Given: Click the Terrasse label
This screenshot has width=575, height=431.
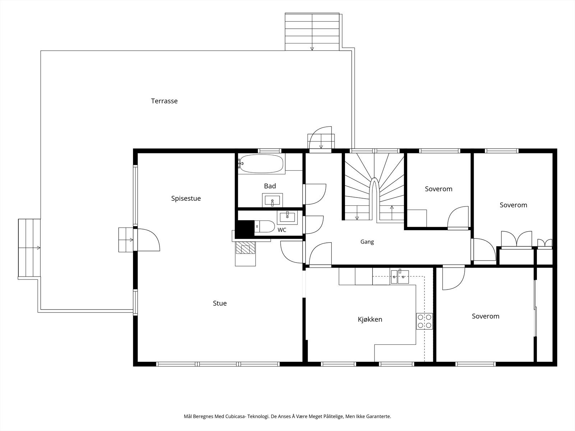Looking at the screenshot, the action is (x=164, y=101).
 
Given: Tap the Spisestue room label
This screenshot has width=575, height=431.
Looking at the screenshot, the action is (x=186, y=198).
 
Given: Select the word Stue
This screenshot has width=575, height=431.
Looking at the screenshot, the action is (x=220, y=303).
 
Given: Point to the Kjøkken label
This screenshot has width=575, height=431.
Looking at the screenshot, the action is (x=370, y=319).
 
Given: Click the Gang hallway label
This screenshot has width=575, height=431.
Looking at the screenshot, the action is (x=367, y=242).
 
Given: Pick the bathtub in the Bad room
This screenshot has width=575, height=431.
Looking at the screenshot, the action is (x=261, y=164).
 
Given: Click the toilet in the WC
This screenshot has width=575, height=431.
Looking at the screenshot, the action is (x=264, y=226).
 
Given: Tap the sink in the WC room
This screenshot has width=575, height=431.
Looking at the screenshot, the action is (x=287, y=217).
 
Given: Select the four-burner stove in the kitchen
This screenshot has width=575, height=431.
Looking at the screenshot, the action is (x=424, y=321).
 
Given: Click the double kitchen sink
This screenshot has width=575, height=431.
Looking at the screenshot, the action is (x=400, y=276).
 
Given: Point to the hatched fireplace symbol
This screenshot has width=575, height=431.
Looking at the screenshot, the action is (x=245, y=247).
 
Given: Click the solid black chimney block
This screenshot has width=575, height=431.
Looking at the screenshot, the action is (x=245, y=229).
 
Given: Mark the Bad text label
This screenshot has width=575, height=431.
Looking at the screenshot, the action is (x=270, y=186).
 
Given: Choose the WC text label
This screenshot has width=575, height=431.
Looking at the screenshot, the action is (x=282, y=230).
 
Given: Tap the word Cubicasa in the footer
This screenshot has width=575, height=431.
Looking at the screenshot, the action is (x=235, y=416).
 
